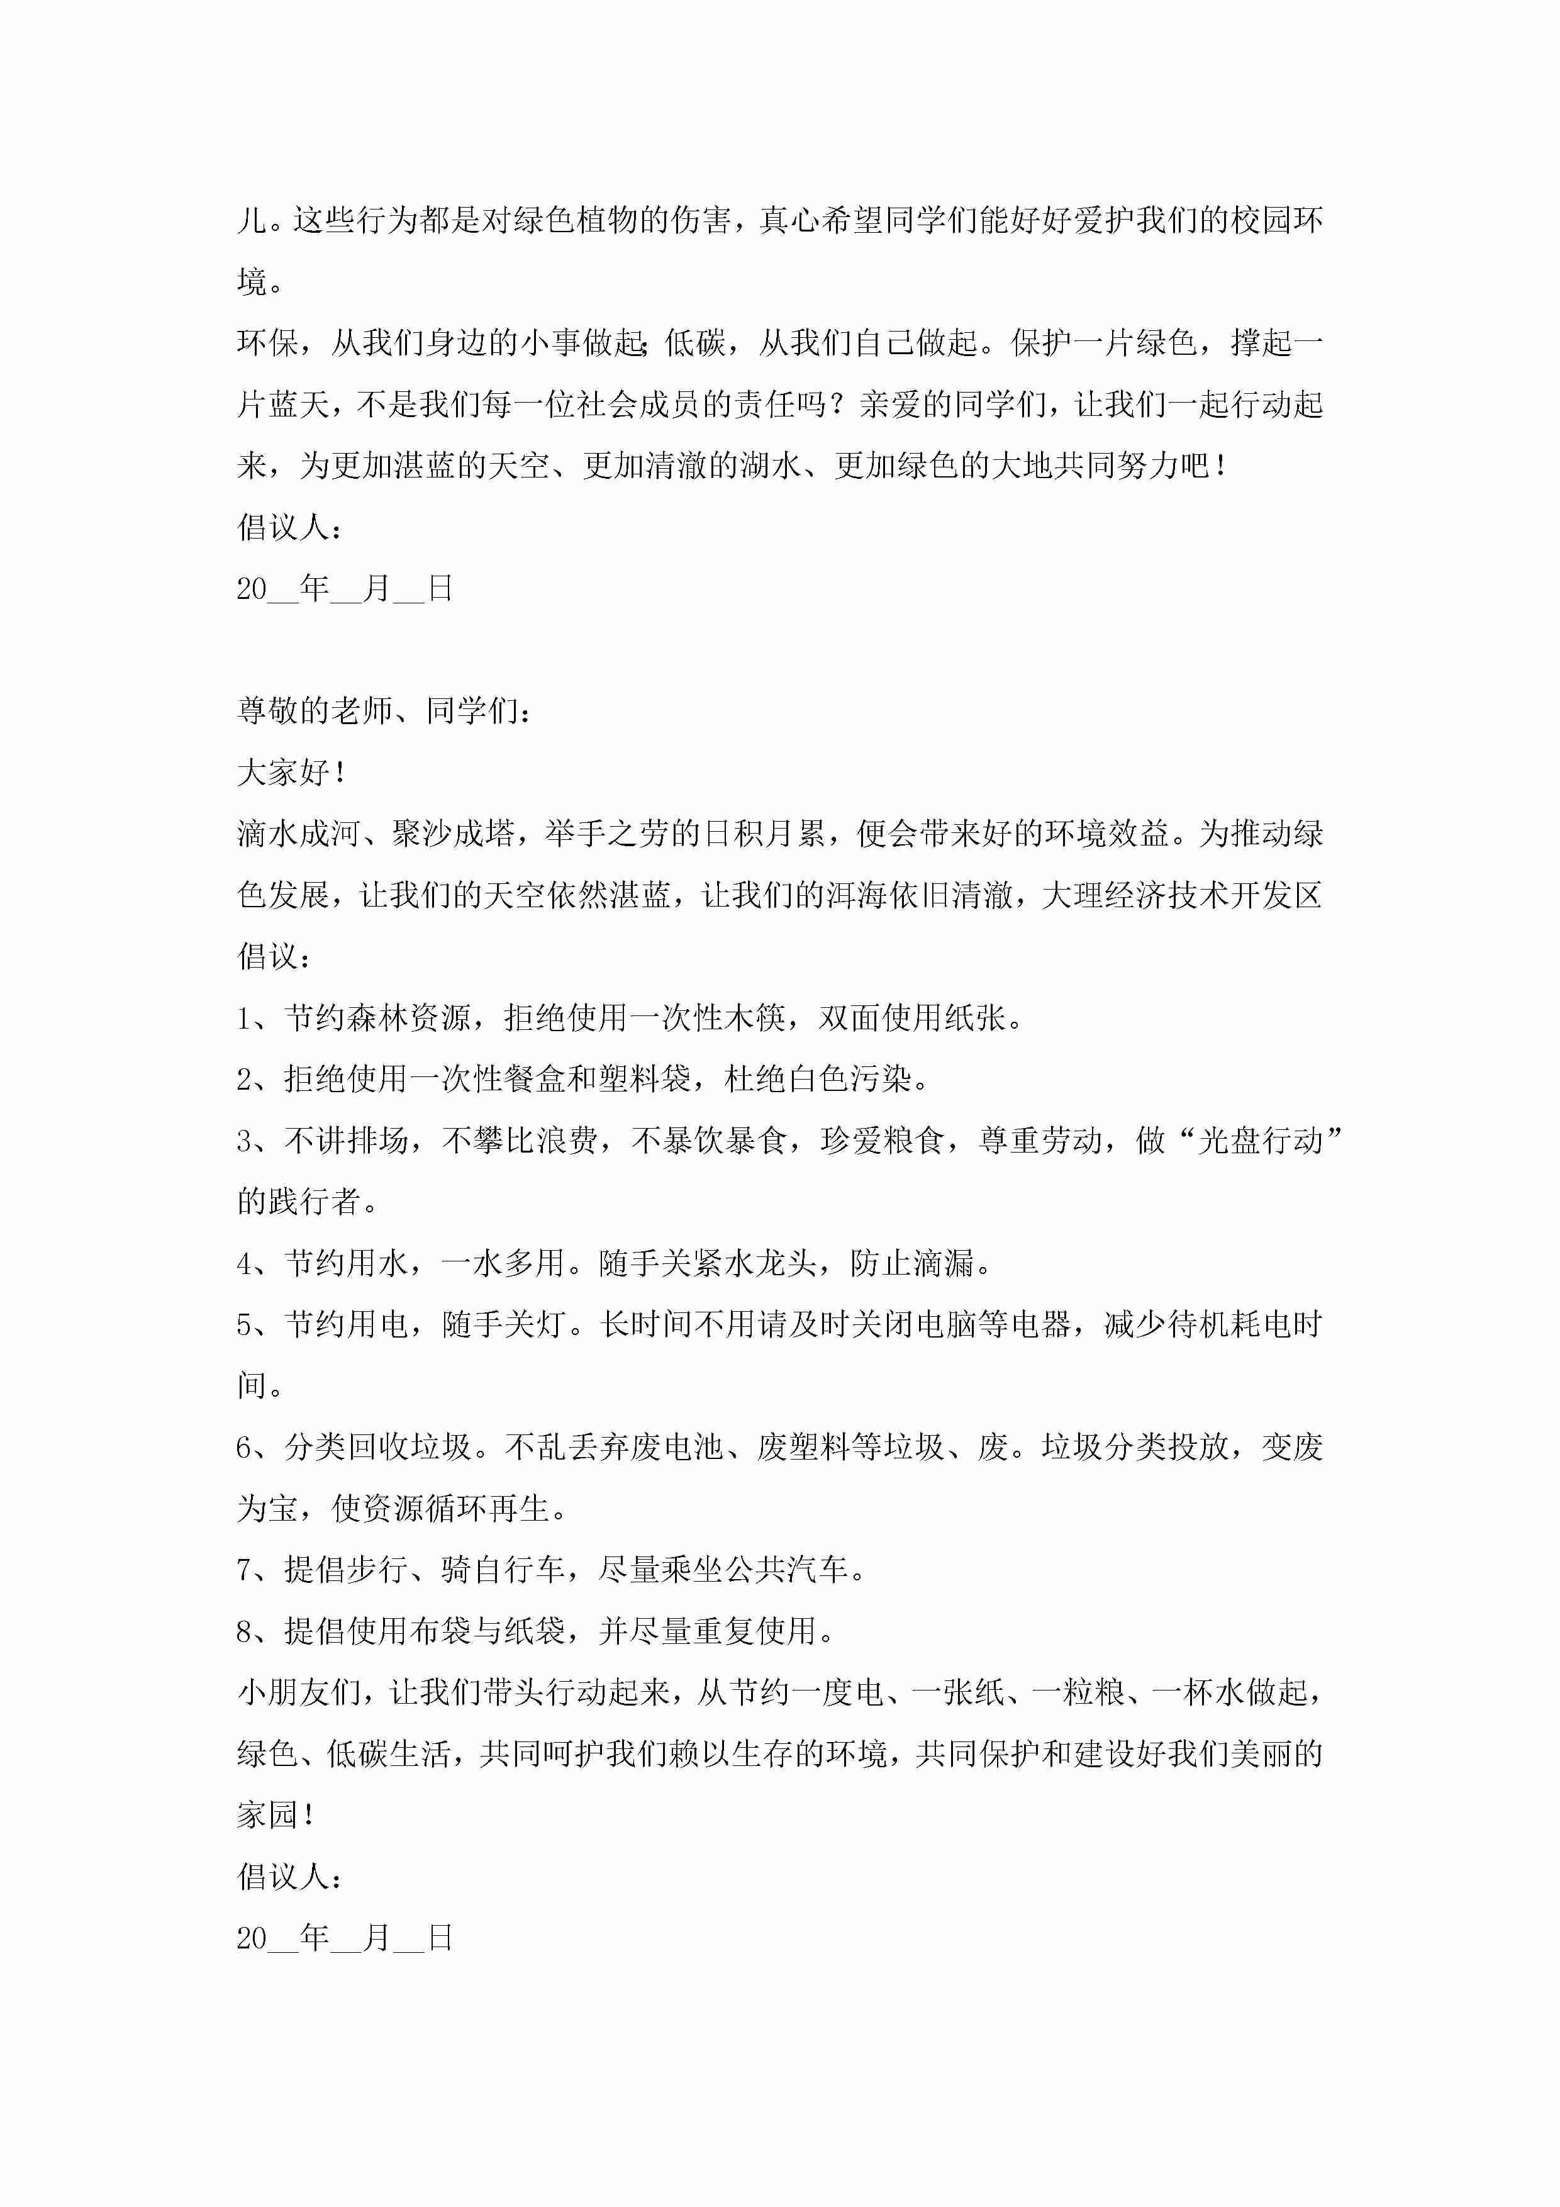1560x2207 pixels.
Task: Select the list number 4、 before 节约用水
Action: [255, 1263]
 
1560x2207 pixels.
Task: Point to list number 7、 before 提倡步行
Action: [255, 1570]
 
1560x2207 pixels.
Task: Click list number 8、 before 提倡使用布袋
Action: [255, 1631]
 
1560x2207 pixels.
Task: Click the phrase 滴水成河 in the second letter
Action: [298, 834]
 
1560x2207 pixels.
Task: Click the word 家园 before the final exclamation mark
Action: [267, 1815]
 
